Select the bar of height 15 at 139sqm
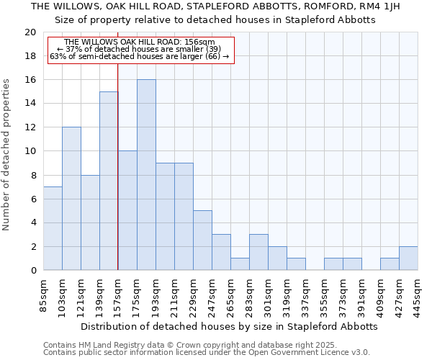[109, 181]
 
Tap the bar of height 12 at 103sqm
[71, 199]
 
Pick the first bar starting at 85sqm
[53, 228]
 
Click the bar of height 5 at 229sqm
[202, 240]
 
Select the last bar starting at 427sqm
[408, 258]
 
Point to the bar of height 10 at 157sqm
[127, 211]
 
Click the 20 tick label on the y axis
[30, 32]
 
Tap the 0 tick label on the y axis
[32, 271]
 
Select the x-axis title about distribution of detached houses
[229, 326]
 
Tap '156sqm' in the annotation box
[200, 42]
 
